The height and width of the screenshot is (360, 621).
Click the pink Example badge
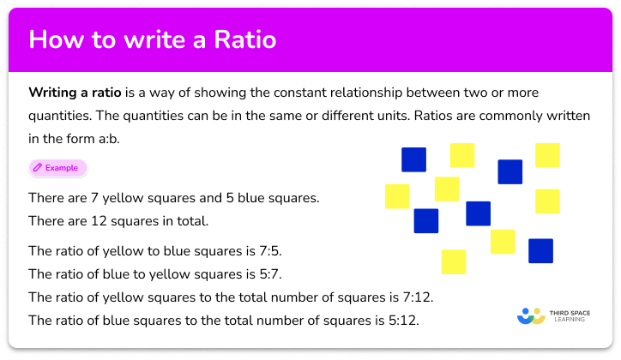57,168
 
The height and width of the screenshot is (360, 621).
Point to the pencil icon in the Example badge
39,168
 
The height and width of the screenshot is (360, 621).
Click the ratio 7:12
417,297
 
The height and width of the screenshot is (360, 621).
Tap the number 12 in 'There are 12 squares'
99,220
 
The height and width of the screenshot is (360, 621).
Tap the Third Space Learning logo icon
531,315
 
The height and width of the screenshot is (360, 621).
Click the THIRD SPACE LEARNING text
571,315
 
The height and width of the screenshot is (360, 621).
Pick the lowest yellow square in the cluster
454,261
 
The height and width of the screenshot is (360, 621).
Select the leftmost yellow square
397,196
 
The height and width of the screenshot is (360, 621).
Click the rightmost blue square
540,250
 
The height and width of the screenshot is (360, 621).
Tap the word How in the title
54,41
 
